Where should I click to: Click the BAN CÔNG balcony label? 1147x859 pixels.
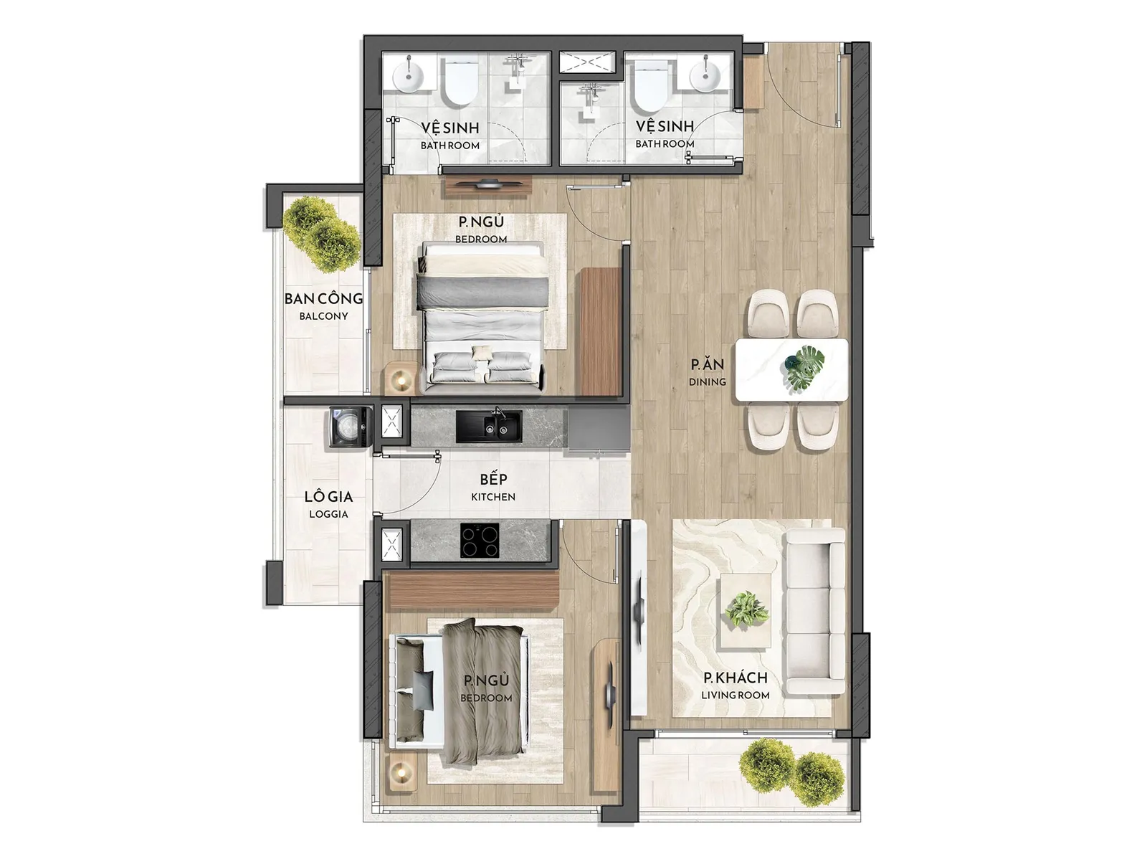tap(323, 305)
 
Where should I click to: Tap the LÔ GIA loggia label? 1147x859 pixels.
tap(328, 503)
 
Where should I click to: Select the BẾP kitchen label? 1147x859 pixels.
tap(493, 486)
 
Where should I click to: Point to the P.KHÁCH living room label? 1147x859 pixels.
tap(736, 685)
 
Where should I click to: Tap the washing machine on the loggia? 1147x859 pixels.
tap(351, 427)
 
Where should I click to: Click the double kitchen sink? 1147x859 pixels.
tap(489, 427)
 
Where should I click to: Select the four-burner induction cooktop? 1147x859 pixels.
tap(479, 540)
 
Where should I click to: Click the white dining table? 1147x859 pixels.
tap(791, 370)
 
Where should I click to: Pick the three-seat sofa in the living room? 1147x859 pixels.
tap(816, 612)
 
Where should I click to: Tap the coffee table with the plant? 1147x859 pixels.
tap(746, 610)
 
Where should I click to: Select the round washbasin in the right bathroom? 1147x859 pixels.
tap(705, 77)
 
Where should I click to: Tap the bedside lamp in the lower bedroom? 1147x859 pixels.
tap(401, 770)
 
